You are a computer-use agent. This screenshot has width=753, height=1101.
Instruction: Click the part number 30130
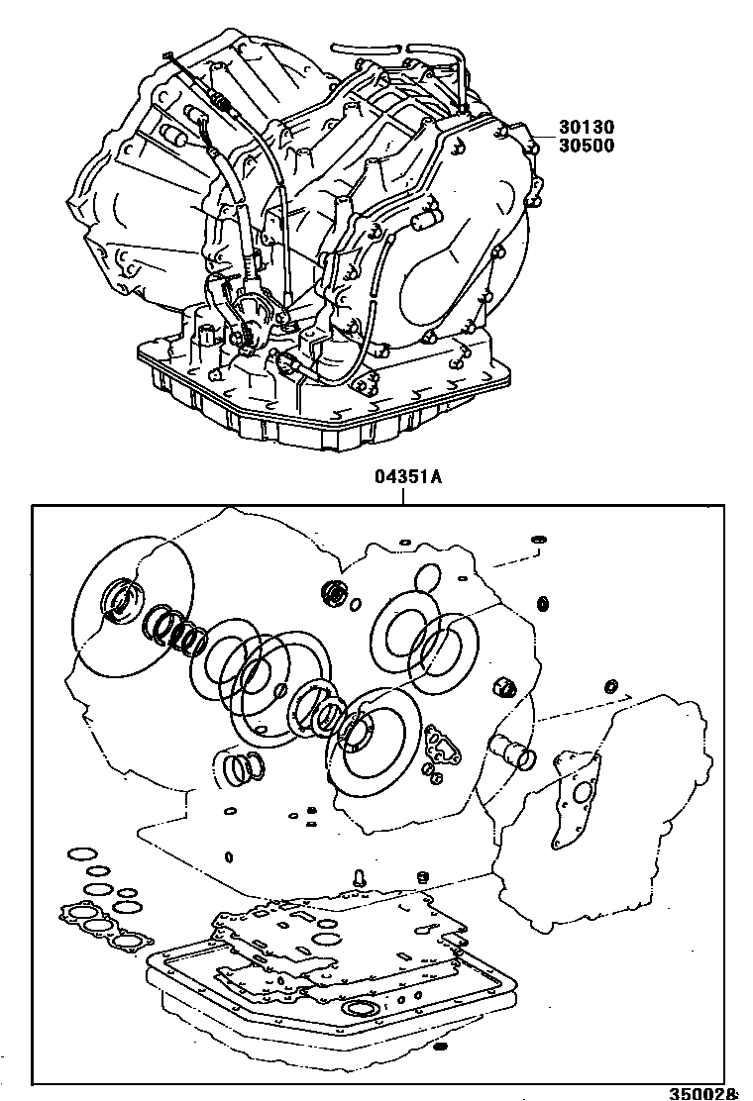click(586, 127)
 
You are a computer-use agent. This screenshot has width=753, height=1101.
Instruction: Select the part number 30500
click(586, 146)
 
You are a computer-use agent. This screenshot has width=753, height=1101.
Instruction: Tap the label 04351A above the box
click(407, 477)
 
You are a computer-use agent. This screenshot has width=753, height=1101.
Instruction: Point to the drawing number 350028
click(702, 1093)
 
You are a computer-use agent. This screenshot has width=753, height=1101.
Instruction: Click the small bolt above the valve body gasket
click(361, 875)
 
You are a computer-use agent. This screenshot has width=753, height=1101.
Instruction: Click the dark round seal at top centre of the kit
click(334, 594)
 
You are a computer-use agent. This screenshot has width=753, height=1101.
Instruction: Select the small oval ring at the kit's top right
click(540, 540)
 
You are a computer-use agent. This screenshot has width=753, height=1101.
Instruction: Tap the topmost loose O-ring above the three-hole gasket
click(78, 852)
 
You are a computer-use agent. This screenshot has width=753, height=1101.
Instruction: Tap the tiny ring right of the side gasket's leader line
click(611, 686)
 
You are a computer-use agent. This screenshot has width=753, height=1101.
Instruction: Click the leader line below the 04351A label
click(404, 495)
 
